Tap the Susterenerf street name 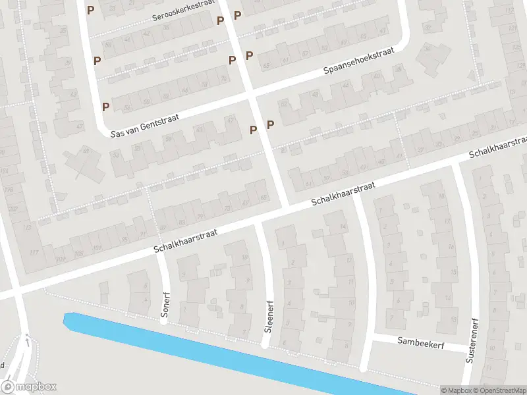click(472, 342)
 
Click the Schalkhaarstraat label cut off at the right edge click(497, 147)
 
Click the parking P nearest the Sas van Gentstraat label click(105, 106)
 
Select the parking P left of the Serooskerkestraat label click(90, 10)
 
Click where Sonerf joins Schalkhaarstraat click(159, 250)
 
